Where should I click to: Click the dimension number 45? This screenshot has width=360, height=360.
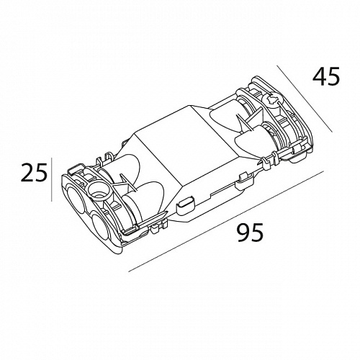326,76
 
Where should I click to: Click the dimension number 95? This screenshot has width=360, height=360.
250,232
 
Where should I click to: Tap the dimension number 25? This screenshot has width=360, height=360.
34,172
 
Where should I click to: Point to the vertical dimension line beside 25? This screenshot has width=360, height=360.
52,179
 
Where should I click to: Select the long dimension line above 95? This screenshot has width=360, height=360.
226,221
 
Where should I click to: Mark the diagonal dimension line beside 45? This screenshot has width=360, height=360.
305,99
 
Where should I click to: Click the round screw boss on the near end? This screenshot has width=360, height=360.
99,191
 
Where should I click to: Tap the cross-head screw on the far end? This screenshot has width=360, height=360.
272,100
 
